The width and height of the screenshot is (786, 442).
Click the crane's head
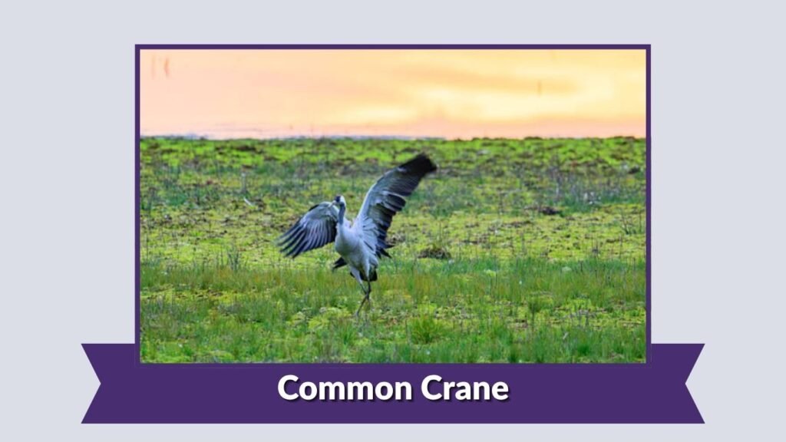click(x=339, y=201)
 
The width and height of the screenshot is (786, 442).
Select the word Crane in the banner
click(x=464, y=388)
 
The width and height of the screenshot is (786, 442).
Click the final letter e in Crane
click(x=500, y=390)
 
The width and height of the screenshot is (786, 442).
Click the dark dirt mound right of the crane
click(x=434, y=251)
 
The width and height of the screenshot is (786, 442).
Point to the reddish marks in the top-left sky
click(x=158, y=66)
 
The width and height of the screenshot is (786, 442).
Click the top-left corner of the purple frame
click(x=137, y=47)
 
